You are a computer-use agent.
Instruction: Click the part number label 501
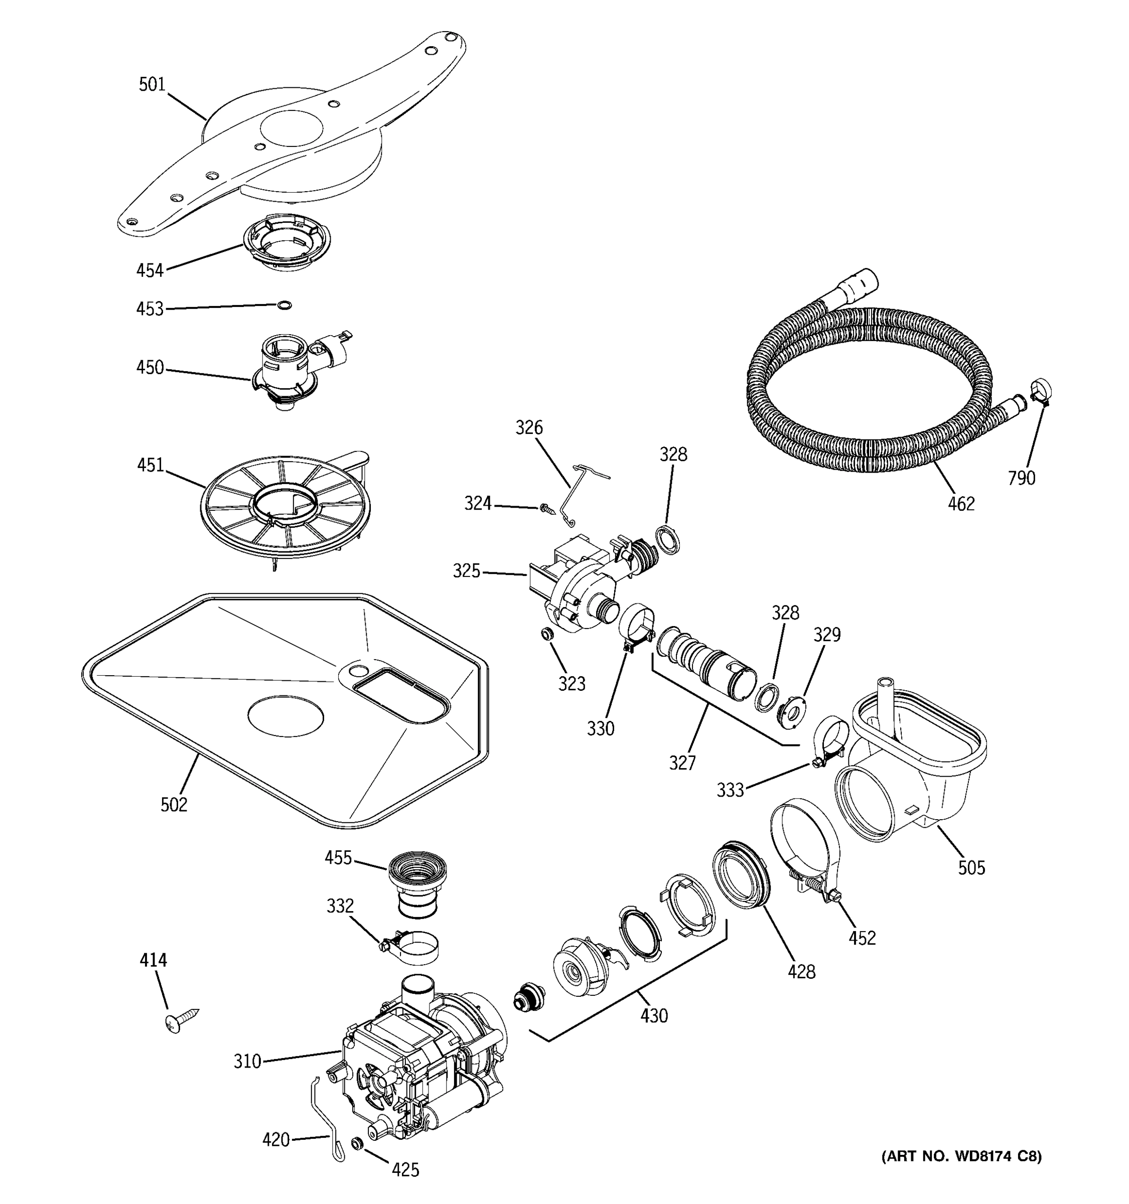(152, 84)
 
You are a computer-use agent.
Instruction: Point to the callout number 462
(961, 504)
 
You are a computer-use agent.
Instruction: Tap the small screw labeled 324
(547, 509)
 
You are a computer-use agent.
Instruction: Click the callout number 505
(971, 868)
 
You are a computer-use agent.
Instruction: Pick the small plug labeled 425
(357, 1143)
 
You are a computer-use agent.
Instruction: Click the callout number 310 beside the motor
(247, 1062)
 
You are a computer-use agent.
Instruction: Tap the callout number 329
(827, 635)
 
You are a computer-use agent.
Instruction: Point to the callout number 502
(174, 805)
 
